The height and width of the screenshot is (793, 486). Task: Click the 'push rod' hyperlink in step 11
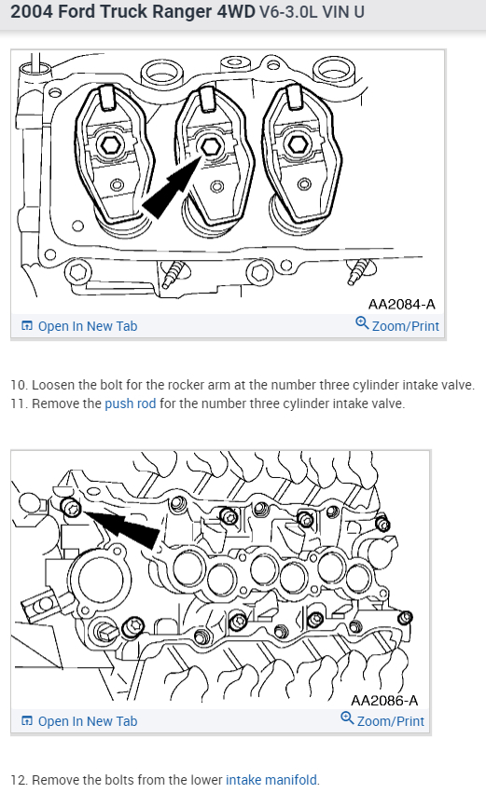coord(130,403)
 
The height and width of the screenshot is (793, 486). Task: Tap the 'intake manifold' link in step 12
coord(271,780)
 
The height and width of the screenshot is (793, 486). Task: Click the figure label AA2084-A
coord(401,304)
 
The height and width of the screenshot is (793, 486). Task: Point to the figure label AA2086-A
coord(384,701)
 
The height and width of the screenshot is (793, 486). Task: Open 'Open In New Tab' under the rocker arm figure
coord(79,326)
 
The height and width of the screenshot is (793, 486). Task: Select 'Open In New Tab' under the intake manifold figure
coord(79,721)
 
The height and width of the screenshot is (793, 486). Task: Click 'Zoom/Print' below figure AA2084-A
coord(397,325)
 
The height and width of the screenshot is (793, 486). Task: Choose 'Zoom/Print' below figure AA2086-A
coord(382,720)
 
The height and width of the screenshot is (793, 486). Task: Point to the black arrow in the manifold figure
coord(121,528)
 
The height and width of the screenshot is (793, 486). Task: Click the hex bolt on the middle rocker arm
coord(210,146)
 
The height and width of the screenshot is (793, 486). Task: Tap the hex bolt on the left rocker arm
coord(111,145)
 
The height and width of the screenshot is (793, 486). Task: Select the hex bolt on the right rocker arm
coord(297,144)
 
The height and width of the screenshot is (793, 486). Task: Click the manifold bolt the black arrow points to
coord(71,507)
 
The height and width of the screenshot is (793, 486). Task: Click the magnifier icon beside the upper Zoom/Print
coord(362,322)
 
